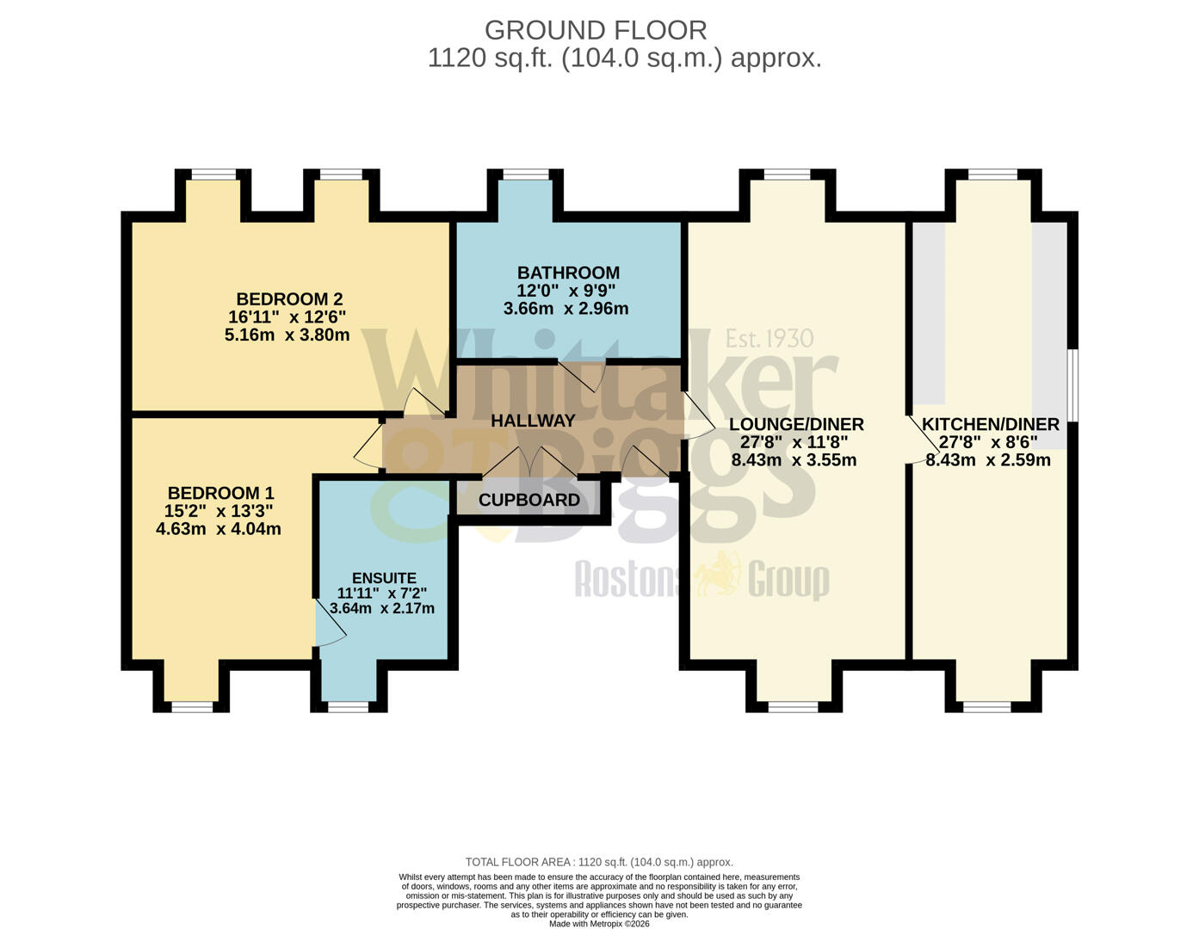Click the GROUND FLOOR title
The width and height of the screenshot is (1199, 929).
click(596, 30)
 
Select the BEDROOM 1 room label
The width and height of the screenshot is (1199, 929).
click(220, 493)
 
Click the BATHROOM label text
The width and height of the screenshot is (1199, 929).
click(568, 273)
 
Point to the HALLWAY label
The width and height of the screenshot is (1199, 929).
click(533, 421)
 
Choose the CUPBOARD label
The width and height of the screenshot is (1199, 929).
click(528, 500)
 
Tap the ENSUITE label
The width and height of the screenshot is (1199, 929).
click(384, 578)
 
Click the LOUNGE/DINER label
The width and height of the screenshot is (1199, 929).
click(796, 424)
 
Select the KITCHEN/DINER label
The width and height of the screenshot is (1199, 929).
click(990, 424)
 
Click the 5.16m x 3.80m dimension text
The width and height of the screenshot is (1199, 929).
click(287, 335)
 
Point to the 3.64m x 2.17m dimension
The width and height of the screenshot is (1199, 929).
click(382, 608)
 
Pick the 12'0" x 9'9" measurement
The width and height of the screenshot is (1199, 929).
click(566, 291)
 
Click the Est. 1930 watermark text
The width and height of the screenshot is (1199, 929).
click(769, 338)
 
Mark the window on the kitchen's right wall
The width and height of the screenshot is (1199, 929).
click(1072, 385)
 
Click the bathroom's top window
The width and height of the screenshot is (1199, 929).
click(526, 175)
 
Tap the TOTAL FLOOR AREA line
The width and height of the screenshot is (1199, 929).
click(599, 862)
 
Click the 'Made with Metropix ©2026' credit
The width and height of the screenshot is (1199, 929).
click(599, 924)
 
